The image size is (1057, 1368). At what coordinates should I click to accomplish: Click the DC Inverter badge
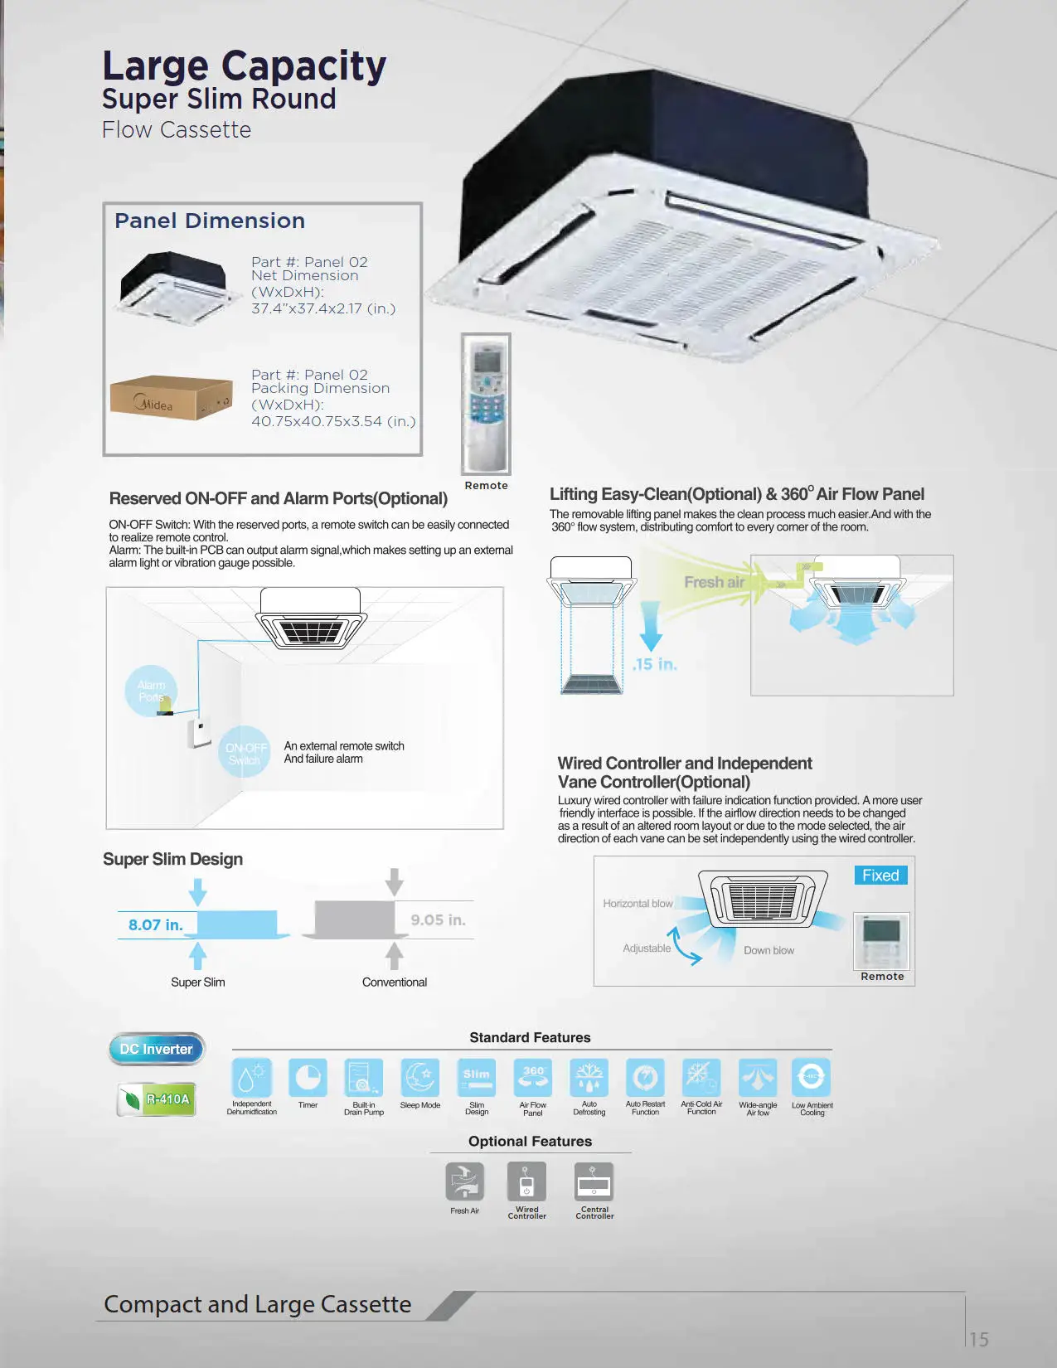pos(156,1049)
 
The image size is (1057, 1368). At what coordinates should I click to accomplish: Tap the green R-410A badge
pos(158,1099)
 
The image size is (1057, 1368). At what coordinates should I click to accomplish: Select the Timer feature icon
pos(308,1078)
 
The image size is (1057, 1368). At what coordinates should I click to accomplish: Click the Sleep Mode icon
pos(419,1078)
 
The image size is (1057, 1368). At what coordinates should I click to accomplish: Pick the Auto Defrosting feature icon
pos(589,1078)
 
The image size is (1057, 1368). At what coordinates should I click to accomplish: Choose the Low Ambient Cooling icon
pos(811,1078)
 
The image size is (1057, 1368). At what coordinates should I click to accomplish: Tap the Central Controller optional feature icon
pos(594,1181)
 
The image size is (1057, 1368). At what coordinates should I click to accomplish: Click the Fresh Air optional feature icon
pos(464,1181)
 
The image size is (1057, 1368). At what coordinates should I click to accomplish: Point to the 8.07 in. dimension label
pos(156,924)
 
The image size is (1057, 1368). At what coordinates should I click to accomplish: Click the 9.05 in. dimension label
pos(438,919)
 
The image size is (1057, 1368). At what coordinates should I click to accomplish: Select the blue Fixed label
pos(880,876)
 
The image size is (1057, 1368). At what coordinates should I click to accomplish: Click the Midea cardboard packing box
pos(171,399)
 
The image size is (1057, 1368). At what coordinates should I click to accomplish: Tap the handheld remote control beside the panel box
pos(486,403)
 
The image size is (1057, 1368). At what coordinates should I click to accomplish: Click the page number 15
pos(979,1339)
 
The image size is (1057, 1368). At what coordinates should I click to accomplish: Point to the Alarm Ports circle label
pos(151,691)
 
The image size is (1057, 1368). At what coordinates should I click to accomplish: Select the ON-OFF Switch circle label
pos(245,753)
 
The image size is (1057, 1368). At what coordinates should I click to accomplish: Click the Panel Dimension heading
pos(210,221)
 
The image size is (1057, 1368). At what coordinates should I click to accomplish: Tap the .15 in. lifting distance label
pos(655,664)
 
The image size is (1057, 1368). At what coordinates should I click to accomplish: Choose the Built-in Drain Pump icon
pos(363,1078)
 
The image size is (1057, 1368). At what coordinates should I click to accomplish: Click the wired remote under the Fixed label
pos(881,941)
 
